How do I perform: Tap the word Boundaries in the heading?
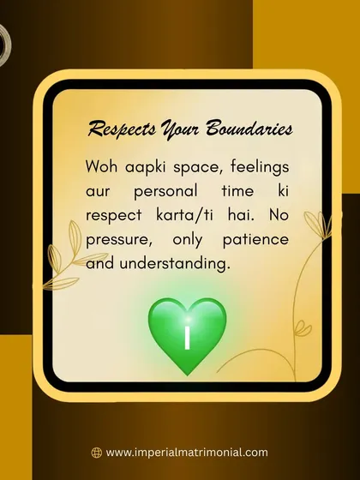[249, 128]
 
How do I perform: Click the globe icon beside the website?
[96, 453]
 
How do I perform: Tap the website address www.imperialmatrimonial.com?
[187, 453]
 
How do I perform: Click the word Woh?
[101, 167]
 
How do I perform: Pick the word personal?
[165, 192]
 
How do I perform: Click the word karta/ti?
[184, 215]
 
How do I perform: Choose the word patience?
[255, 239]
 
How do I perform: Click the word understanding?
[175, 263]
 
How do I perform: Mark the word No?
[279, 215]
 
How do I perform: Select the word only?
[188, 240]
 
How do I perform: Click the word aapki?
[146, 168]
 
